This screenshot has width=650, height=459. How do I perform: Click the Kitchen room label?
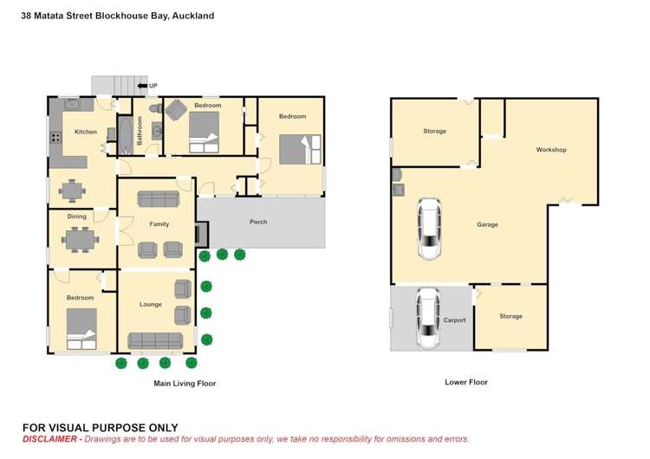[86, 132]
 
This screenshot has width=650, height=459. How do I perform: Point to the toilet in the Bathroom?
[155, 108]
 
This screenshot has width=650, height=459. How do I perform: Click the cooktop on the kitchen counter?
[55, 136]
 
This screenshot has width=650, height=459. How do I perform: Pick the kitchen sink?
[74, 104]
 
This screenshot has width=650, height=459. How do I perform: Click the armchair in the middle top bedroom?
[176, 110]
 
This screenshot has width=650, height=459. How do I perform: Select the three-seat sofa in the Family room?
[156, 198]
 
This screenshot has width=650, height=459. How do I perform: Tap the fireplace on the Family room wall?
[202, 233]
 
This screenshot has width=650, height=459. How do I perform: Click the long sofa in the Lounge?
[155, 340]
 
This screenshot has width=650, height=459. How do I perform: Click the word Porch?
[258, 222]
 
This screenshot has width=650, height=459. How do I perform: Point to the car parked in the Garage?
[429, 229]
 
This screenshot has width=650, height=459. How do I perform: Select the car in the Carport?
[428, 318]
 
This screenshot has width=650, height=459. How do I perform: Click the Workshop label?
[550, 150]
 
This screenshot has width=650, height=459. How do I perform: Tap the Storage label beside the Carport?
[510, 316]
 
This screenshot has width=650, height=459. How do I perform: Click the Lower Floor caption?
[466, 382]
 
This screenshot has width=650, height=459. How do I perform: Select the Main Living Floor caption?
[185, 383]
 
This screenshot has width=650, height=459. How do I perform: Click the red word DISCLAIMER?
[51, 439]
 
